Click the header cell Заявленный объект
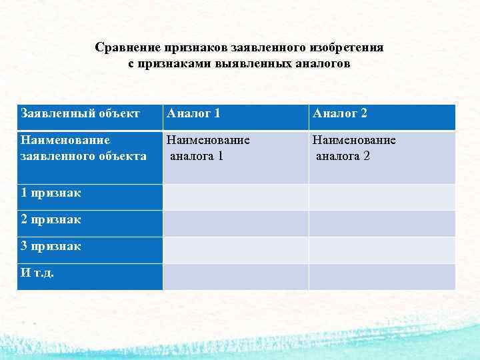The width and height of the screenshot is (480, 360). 81,114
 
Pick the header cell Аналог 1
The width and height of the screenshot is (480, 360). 194,114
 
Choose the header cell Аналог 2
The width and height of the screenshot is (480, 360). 341,114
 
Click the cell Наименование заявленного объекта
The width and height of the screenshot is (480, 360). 84,149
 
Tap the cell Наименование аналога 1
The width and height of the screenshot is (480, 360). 209,149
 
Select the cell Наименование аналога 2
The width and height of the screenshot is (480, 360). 355,149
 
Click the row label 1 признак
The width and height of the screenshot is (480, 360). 51,193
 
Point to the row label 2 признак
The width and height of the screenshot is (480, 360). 51,219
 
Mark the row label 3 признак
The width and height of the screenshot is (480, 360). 51,246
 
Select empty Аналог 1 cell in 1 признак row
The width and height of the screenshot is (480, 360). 235,197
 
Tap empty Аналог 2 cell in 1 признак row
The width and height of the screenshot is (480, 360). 382,197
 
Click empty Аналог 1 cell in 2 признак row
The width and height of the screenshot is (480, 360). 235,223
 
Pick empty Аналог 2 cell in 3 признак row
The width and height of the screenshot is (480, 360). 382,250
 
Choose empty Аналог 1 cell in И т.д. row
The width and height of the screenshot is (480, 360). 235,277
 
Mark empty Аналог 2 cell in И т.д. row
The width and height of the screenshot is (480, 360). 382,277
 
